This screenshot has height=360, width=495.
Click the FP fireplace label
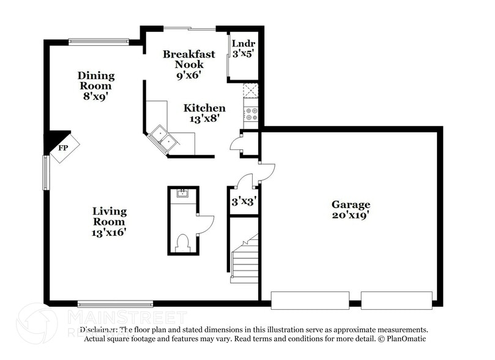click(x=62, y=148)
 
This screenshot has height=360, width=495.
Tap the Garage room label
click(x=351, y=204)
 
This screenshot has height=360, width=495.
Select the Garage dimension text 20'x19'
click(x=351, y=216)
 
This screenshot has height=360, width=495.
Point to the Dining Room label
click(x=95, y=81)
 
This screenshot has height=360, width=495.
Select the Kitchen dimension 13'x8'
click(x=204, y=119)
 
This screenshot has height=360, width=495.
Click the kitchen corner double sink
click(x=163, y=138)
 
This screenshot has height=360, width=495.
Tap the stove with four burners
click(x=251, y=113)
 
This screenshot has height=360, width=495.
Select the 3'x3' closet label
click(x=243, y=201)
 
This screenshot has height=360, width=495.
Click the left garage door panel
click(x=310, y=300)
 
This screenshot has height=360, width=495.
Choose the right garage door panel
click(x=396, y=300)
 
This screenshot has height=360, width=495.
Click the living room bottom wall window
click(x=115, y=304)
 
